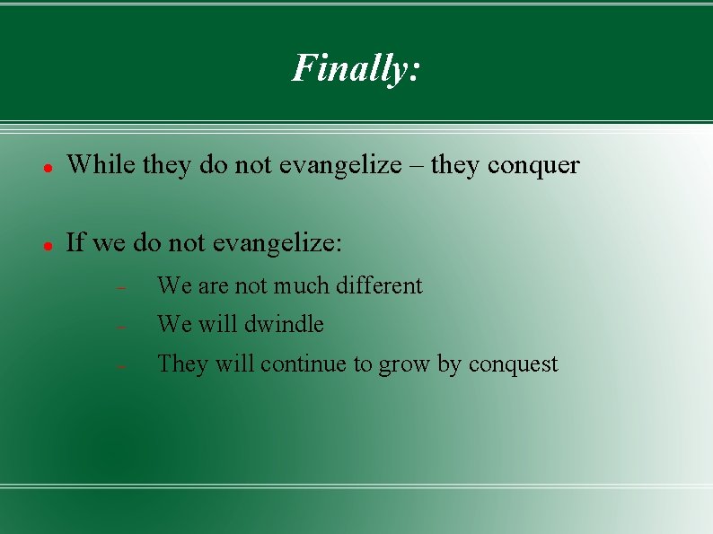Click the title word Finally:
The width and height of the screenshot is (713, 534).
pyautogui.click(x=356, y=67)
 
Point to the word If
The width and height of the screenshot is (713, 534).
pyautogui.click(x=75, y=242)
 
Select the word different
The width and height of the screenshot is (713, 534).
pyautogui.click(x=378, y=286)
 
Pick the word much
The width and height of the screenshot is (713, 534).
pyautogui.click(x=302, y=286)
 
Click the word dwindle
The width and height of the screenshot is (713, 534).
pyautogui.click(x=284, y=324)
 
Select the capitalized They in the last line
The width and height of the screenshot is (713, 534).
pyautogui.click(x=182, y=363)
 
